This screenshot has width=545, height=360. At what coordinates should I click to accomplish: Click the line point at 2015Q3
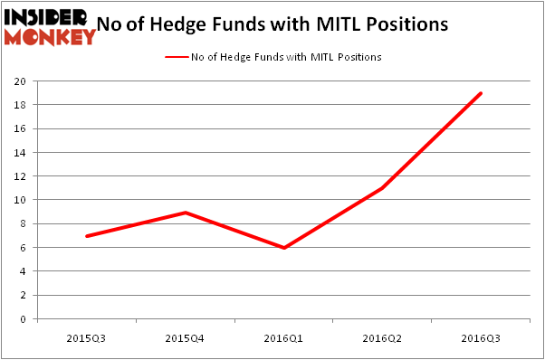click(x=87, y=236)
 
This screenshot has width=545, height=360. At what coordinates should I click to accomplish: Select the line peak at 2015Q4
click(x=186, y=213)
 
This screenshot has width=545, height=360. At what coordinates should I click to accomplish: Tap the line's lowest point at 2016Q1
click(x=284, y=248)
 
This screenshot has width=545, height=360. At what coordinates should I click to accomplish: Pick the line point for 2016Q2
click(x=383, y=188)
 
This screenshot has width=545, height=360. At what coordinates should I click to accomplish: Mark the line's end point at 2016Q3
click(x=482, y=93)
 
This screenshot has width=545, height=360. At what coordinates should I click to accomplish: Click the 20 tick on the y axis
click(x=20, y=81)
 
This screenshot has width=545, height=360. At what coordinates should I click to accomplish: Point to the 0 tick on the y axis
click(x=23, y=319)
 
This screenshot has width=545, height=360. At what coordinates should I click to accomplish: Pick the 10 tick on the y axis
click(x=20, y=200)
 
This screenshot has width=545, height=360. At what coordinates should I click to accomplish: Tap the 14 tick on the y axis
click(x=20, y=153)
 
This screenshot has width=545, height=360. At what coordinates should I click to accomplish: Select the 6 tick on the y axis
click(x=23, y=248)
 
